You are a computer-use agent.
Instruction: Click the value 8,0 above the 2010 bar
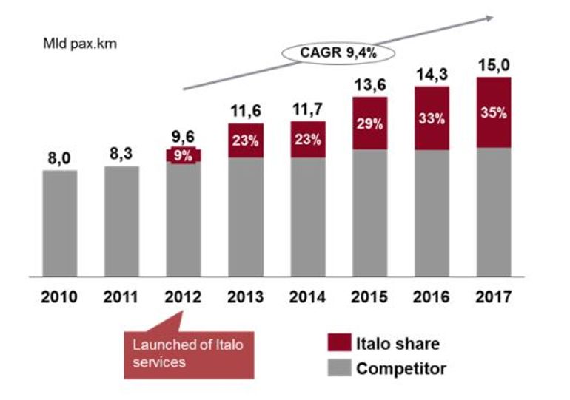60,157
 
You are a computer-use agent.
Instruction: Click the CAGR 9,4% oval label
336,52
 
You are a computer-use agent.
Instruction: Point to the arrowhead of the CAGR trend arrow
491,17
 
